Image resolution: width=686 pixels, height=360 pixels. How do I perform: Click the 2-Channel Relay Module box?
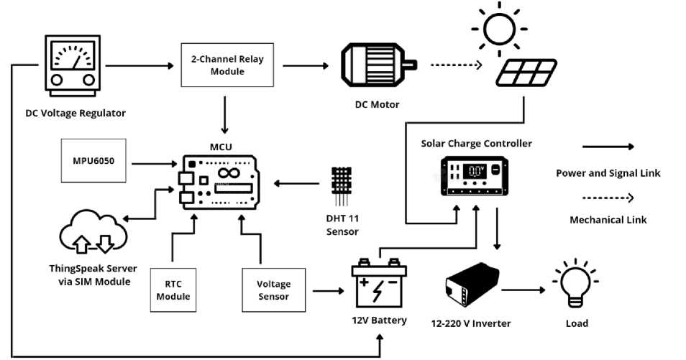227,65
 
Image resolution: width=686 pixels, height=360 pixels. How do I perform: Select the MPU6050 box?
97,160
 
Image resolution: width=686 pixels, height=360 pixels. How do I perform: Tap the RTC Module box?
173,290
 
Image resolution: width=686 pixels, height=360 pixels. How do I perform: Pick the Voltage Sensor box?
273,290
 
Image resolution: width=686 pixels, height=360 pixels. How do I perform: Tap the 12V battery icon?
378,284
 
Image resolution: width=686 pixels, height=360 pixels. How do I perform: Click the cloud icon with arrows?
93,236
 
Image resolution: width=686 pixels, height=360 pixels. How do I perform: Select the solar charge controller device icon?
475,177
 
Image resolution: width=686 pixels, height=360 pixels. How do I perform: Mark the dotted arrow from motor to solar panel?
456,65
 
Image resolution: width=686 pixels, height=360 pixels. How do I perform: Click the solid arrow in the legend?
608,147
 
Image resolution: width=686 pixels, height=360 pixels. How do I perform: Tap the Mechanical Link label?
608,220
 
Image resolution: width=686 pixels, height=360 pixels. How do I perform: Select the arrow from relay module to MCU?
226,114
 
